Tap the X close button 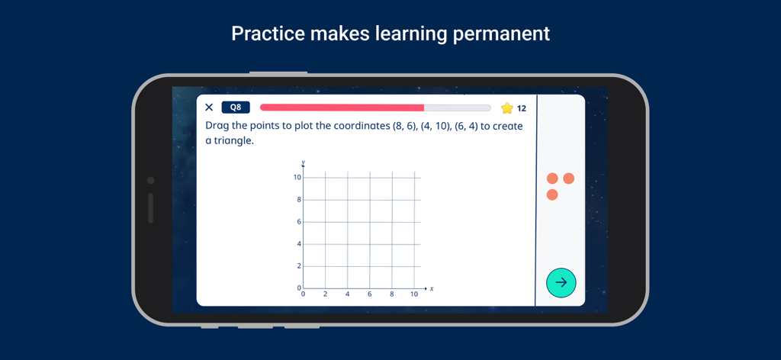(209, 108)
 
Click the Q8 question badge (236, 108)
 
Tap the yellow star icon (506, 108)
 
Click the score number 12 (522, 108)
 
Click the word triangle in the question (233, 141)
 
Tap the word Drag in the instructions (218, 126)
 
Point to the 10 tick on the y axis (297, 178)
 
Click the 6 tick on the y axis (299, 222)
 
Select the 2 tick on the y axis (299, 266)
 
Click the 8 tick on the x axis (392, 294)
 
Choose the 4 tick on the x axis (348, 294)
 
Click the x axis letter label (432, 289)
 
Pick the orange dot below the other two (552, 195)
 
